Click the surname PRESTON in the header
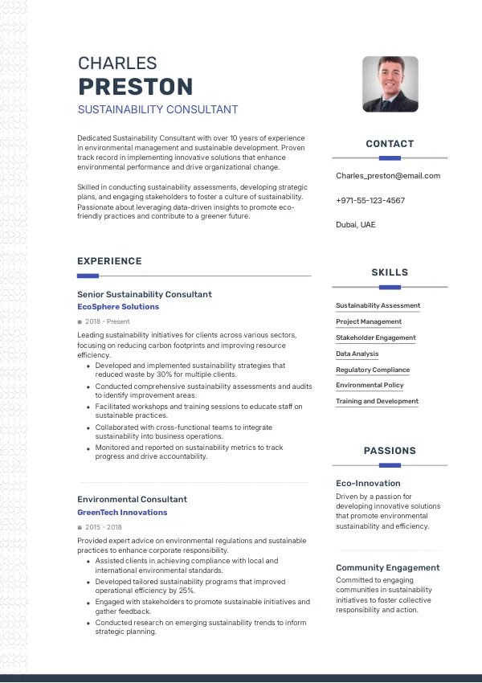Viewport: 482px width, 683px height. pos(135,86)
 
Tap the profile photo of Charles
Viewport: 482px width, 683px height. pos(390,84)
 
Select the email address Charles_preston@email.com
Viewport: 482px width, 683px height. pos(388,175)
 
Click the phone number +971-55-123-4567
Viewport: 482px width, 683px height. pos(370,200)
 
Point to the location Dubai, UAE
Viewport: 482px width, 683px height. pos(355,224)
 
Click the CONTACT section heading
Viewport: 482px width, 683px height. pos(390,144)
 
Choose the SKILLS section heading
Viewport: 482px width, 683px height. pos(390,272)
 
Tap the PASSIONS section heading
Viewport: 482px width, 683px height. pos(390,451)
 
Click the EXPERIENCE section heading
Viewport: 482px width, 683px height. pos(109,261)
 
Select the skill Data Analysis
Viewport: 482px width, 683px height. pos(357,354)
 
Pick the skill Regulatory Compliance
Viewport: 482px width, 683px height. pos(373,370)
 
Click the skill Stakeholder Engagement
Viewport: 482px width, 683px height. pos(376,337)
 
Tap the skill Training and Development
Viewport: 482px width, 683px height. pos(377,401)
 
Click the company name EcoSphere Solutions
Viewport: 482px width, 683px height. pos(118,307)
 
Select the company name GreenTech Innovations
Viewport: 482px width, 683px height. pos(122,512)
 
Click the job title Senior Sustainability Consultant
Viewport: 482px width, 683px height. pos(145,294)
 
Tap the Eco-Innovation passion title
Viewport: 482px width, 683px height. pos(368,483)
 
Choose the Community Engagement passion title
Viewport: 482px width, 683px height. pos(387,567)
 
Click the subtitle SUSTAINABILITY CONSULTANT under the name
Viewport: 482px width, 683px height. pos(157,109)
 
